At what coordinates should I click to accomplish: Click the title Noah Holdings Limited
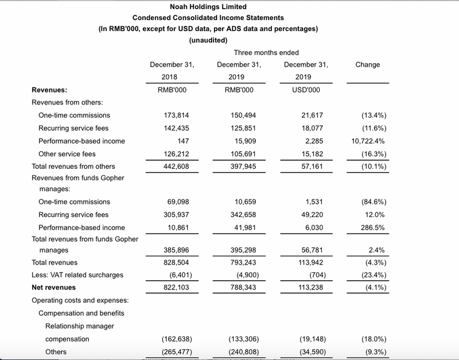point(209,7)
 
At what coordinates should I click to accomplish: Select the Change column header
point(368,64)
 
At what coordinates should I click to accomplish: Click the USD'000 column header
point(306,90)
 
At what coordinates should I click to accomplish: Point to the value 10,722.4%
point(368,141)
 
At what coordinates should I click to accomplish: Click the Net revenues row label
point(53,287)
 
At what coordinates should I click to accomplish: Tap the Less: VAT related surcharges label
point(77,274)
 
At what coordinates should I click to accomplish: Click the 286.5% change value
point(374,227)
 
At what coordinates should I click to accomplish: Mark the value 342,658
point(241,215)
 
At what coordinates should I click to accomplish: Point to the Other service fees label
point(67,154)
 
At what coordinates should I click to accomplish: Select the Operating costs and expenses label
point(80,300)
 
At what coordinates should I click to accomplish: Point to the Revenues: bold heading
point(49,90)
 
